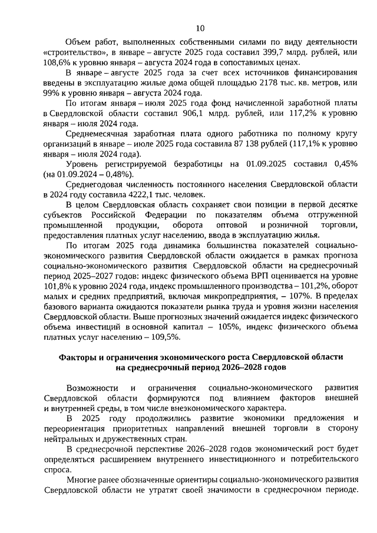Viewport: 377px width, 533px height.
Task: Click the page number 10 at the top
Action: (x=200, y=28)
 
